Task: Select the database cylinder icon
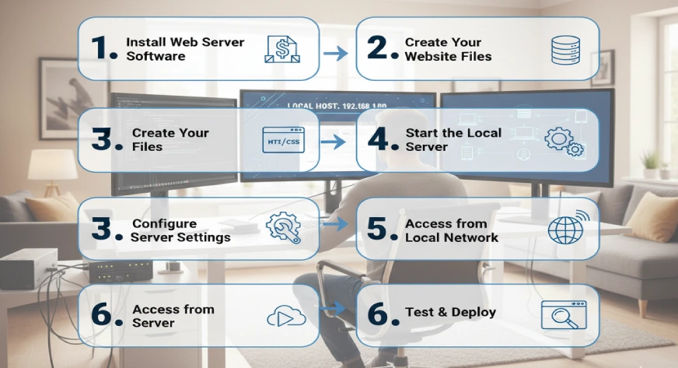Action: tap(564, 49)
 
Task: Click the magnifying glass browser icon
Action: tap(564, 314)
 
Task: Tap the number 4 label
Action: tap(381, 140)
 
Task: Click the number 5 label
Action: tap(381, 229)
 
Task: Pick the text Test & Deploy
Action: tap(450, 313)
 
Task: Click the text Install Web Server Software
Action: tap(184, 48)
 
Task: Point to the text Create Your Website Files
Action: tap(447, 48)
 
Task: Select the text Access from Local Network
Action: tap(451, 230)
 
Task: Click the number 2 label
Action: tap(381, 48)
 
